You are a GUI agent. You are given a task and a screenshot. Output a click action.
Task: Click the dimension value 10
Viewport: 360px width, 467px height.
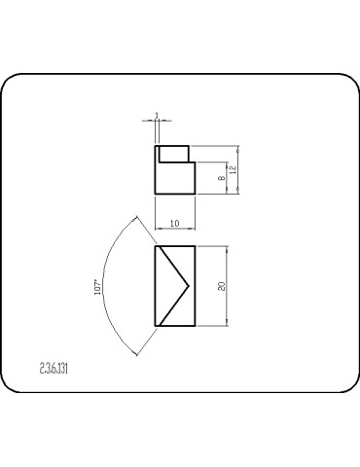tap(174, 224)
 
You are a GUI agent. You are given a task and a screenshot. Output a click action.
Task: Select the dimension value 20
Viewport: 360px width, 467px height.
tap(223, 286)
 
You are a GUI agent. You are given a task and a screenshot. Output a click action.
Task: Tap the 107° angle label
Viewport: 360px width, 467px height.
tap(97, 290)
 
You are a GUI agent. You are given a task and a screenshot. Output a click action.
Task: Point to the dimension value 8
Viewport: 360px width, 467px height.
tap(222, 178)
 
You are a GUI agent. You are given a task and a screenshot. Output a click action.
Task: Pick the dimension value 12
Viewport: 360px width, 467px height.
tap(234, 170)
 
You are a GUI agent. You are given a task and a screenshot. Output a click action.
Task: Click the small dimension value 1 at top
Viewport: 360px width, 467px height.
tap(157, 116)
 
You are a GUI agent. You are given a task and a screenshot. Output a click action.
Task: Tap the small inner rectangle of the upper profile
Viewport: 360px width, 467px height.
tap(173, 153)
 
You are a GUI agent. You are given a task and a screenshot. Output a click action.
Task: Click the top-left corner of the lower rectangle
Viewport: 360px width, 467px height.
tap(156, 246)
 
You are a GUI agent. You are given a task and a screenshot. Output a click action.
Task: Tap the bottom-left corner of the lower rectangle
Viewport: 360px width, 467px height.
tap(156, 326)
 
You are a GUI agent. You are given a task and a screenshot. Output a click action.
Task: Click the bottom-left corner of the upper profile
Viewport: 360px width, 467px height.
tap(156, 194)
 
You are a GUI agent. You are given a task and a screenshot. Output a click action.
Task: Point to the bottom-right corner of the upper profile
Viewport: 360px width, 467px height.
tap(195, 194)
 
